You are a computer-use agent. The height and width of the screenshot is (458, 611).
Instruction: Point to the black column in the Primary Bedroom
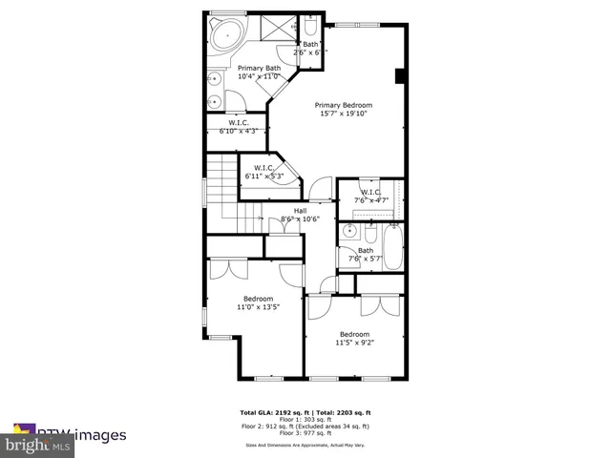[400, 76]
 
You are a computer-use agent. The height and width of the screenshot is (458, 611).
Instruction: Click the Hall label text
[300, 211]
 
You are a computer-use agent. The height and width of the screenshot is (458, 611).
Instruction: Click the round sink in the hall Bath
[349, 230]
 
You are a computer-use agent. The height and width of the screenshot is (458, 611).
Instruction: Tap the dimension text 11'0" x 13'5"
[258, 307]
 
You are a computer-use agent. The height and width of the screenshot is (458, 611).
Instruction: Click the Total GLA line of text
[305, 412]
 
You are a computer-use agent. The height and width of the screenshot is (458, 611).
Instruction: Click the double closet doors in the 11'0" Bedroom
[223, 268]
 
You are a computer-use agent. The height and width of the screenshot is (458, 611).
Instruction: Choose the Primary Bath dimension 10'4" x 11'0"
[258, 76]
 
